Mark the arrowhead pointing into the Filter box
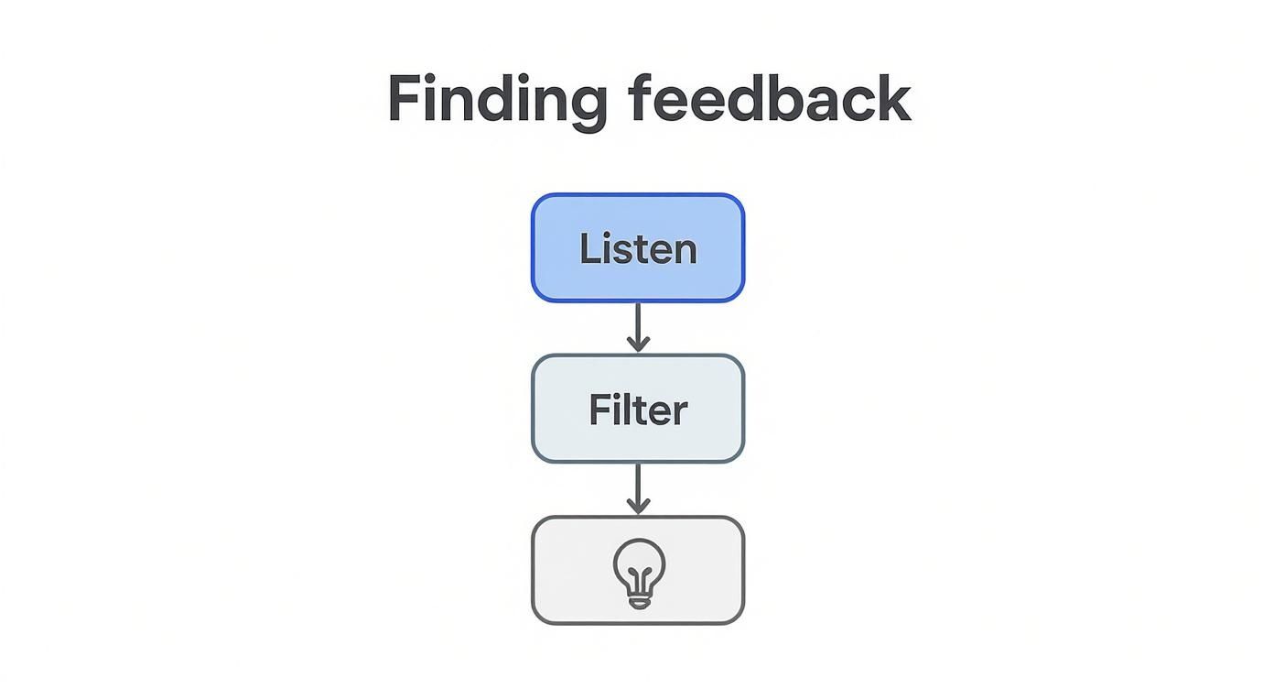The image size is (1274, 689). [638, 344]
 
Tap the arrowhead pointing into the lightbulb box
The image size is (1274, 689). [638, 506]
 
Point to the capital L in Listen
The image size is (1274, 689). [588, 249]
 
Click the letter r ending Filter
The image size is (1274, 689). [679, 413]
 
